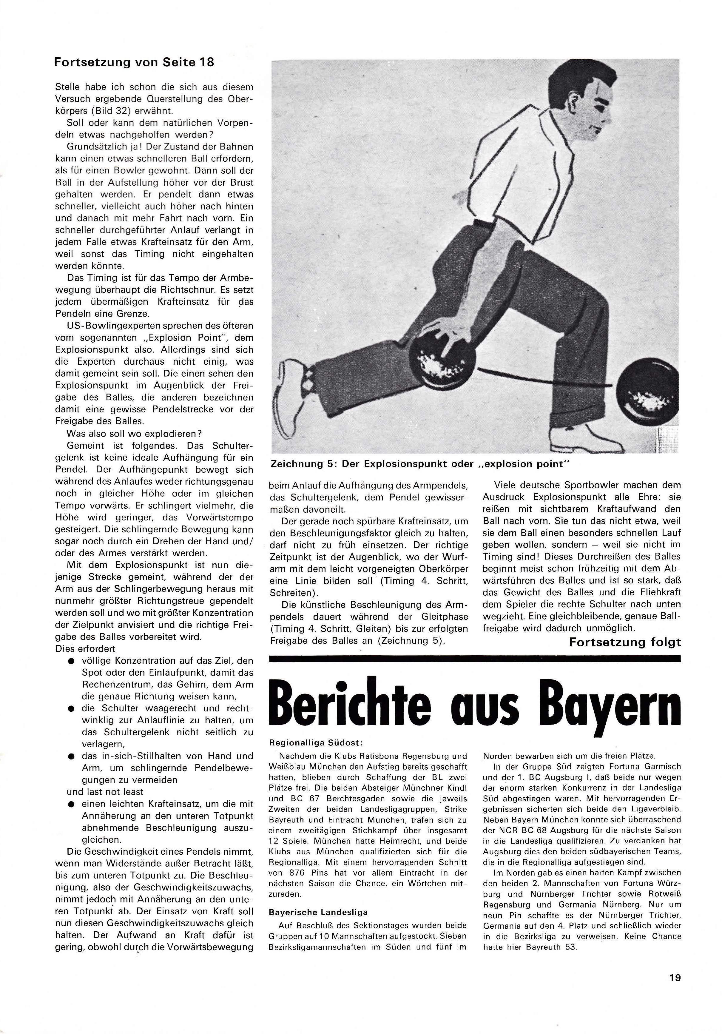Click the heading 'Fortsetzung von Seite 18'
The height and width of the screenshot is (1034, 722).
click(x=134, y=62)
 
